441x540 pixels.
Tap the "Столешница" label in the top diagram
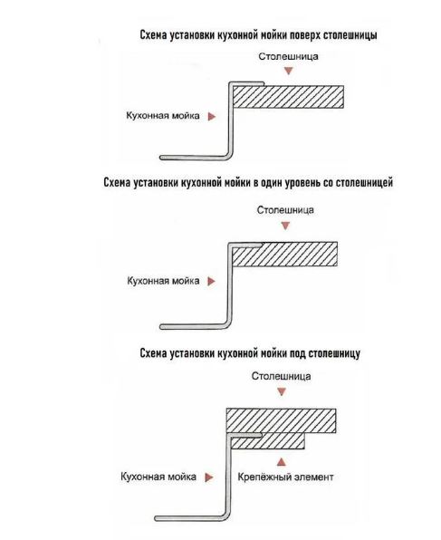(288, 56)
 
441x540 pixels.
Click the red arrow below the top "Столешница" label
(289, 71)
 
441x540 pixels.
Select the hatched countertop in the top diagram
(288, 97)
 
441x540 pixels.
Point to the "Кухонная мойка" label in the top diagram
(163, 115)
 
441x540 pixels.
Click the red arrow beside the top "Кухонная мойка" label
(212, 116)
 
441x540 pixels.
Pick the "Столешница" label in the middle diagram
(285, 210)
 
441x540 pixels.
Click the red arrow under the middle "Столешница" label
(285, 226)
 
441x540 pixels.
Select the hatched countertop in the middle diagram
(284, 255)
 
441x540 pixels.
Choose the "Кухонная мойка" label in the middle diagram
(163, 281)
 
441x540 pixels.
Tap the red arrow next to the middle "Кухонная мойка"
(211, 282)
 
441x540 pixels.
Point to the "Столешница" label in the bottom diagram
(282, 376)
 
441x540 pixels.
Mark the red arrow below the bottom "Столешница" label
(282, 391)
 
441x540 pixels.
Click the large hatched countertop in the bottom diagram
(282, 420)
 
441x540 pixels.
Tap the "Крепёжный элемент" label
(286, 477)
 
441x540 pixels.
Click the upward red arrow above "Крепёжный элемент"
(282, 462)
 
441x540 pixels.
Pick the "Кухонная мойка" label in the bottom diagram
(158, 477)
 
